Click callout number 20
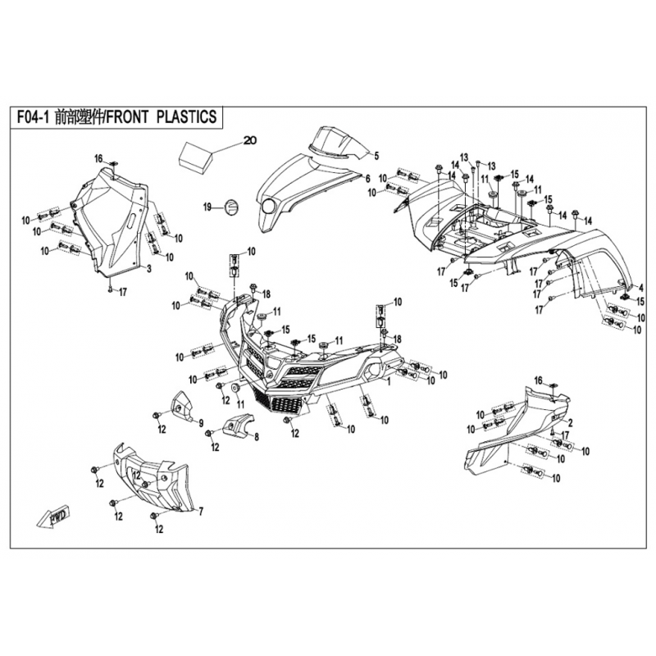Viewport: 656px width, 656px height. click(250, 140)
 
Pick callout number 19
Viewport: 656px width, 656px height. click(207, 206)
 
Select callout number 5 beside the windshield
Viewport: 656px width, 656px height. click(376, 155)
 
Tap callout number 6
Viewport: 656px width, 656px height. click(368, 178)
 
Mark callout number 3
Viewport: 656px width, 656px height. click(149, 268)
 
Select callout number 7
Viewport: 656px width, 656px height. click(200, 510)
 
